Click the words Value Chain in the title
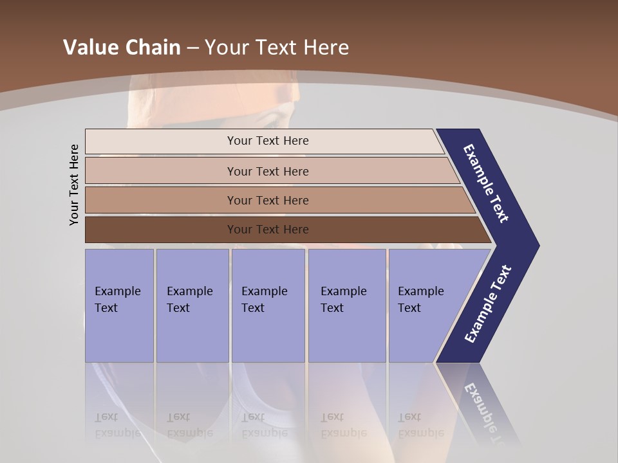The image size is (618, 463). point(122,47)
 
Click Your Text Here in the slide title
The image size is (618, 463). point(277,47)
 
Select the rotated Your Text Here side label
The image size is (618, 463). point(74,185)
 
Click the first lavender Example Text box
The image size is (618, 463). point(119,305)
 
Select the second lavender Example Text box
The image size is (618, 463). point(192,305)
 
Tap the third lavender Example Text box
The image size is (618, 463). point(268,305)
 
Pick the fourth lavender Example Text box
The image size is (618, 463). point(346,305)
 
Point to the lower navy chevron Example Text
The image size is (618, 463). point(487,304)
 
